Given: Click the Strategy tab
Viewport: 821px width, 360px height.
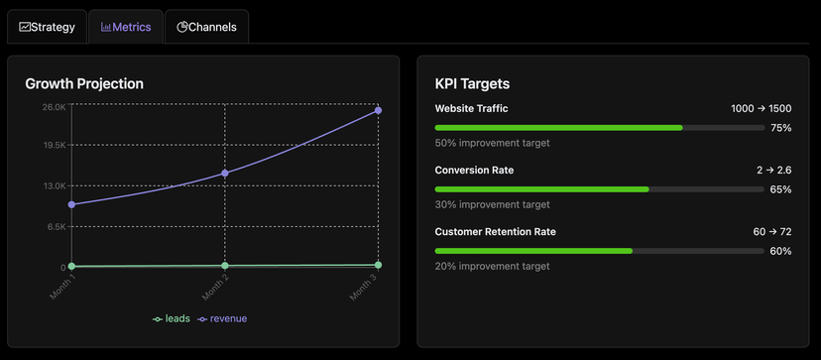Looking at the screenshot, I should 47,27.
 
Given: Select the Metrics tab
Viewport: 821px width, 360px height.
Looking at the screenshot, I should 125,27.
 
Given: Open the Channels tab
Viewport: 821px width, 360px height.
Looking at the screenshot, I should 206,27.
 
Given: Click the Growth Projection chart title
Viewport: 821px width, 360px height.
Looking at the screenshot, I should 84,84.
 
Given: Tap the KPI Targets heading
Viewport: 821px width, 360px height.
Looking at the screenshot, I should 472,84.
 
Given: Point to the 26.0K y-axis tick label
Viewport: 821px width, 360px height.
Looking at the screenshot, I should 54,106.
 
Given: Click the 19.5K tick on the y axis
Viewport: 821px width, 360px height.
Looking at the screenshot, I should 54,145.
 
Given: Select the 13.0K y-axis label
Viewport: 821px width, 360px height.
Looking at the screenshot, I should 54,185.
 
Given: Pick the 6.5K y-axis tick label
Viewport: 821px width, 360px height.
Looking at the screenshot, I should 56,226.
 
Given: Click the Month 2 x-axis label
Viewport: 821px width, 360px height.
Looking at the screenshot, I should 215,288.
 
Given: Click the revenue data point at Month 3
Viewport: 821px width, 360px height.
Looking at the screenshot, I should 379,110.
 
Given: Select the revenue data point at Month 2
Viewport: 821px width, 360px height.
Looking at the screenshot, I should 225,174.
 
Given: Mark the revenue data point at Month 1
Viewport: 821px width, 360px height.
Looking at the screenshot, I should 71,204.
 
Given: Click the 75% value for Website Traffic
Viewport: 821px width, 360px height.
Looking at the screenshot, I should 780,128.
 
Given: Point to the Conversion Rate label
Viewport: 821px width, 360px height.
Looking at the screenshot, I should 474,171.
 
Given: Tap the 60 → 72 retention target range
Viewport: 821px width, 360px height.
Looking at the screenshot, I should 771,232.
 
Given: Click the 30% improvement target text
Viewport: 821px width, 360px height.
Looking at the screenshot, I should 492,204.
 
